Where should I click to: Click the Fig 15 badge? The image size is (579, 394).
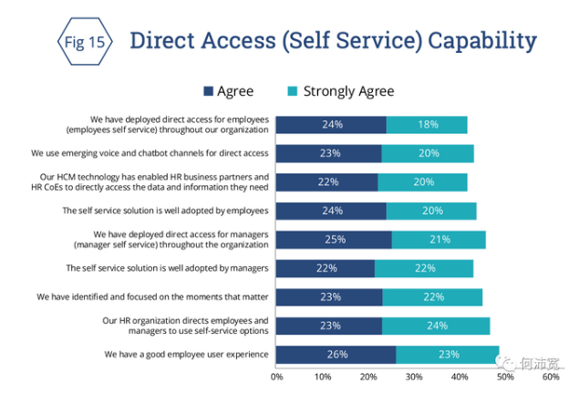pos(83,42)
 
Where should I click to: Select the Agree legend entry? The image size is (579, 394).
pos(229,91)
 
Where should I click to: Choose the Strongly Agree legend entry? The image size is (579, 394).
pos(341,91)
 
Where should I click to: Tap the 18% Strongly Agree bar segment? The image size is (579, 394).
pos(427,125)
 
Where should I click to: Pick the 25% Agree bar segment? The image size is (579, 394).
pos(334,240)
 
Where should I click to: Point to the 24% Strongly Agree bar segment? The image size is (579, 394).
pos(436,326)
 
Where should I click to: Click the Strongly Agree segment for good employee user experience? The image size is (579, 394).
pos(448,354)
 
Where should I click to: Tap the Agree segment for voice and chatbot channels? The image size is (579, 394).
pos(328,153)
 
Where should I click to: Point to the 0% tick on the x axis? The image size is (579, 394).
pos(277,376)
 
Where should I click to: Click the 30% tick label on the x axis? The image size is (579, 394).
pos(413,376)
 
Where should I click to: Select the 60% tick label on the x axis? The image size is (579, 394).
pos(550,376)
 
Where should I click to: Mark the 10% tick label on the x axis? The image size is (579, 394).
pos(322,376)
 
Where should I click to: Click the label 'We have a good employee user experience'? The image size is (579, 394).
pos(186,354)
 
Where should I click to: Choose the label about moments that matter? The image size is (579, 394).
pos(152,297)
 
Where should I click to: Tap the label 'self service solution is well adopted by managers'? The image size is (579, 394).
pos(167,268)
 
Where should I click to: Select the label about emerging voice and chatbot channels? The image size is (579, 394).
pos(150,153)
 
